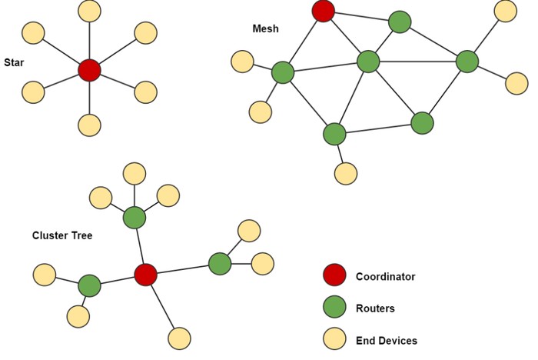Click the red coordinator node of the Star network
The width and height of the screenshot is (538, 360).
click(x=90, y=70)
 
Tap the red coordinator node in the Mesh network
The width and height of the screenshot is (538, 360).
click(x=324, y=11)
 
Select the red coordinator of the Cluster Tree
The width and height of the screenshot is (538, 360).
click(x=145, y=275)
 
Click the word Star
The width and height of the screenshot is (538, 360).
click(x=14, y=62)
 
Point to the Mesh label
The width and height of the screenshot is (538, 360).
click(x=265, y=29)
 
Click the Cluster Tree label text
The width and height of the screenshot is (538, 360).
click(x=62, y=235)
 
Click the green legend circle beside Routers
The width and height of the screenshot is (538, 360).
click(x=334, y=308)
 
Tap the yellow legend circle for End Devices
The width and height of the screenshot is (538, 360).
click(x=334, y=340)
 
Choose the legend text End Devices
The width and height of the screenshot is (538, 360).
click(x=386, y=340)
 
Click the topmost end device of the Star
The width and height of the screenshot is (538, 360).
click(x=90, y=11)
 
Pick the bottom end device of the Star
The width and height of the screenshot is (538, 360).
click(x=90, y=125)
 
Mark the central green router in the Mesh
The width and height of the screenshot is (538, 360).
click(x=369, y=62)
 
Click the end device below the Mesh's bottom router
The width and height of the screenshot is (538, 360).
click(x=346, y=173)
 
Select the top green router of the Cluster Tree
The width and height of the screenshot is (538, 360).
click(x=134, y=218)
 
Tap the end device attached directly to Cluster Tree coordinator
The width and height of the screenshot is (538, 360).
click(x=179, y=338)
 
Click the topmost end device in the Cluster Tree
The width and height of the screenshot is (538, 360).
click(x=134, y=174)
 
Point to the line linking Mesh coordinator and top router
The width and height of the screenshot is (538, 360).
click(x=361, y=16)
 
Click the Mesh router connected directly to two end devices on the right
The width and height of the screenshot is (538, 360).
click(x=467, y=62)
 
